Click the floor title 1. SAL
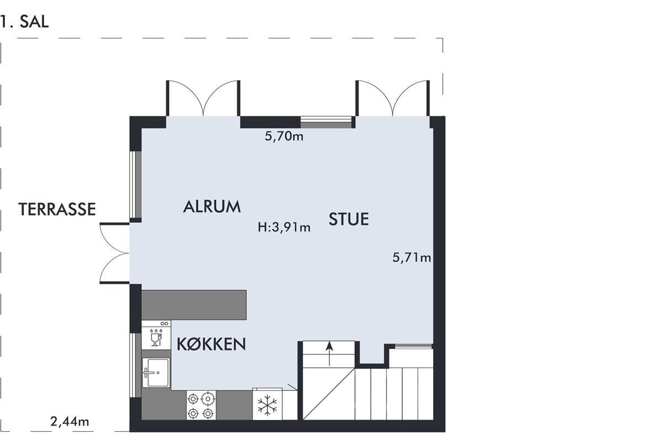pyautogui.click(x=24, y=22)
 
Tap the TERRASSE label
pyautogui.click(x=57, y=209)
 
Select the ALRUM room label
pyautogui.click(x=212, y=207)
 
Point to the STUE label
pyautogui.click(x=349, y=219)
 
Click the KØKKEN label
pyautogui.click(x=211, y=344)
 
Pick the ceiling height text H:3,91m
pyautogui.click(x=284, y=227)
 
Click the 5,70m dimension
pyautogui.click(x=284, y=136)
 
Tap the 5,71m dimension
pyautogui.click(x=412, y=257)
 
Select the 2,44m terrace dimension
pyautogui.click(x=70, y=422)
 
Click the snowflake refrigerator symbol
pyautogui.click(x=268, y=405)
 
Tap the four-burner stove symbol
pyautogui.click(x=201, y=405)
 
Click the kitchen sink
pyautogui.click(x=156, y=373)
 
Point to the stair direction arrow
pyautogui.click(x=329, y=353)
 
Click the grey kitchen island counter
pyautogui.click(x=194, y=305)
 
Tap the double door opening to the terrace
pyautogui.click(x=115, y=253)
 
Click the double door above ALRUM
pyautogui.click(x=203, y=98)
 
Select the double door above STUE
pyautogui.click(x=392, y=98)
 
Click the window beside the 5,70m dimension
pyautogui.click(x=327, y=122)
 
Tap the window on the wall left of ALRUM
pyautogui.click(x=135, y=185)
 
